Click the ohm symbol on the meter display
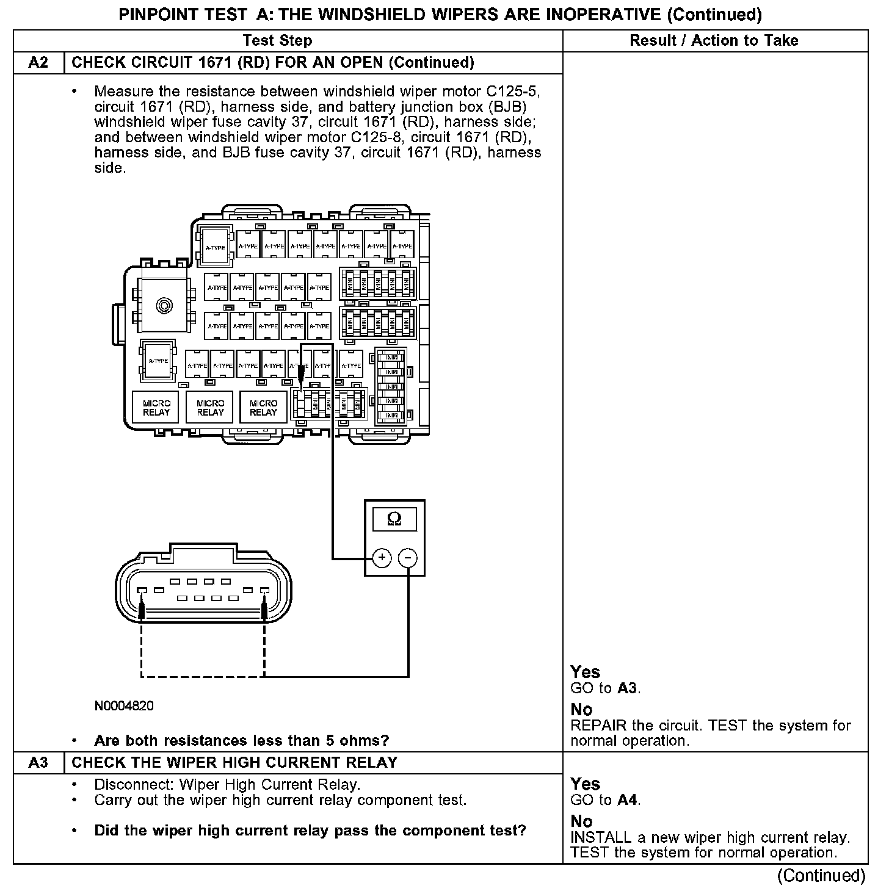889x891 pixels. pos(394,519)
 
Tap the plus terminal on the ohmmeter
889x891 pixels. pos(382,557)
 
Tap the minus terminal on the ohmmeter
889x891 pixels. pos(408,557)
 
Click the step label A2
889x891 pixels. pos(38,63)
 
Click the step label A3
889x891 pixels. pos(38,763)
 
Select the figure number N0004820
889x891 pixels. pos(124,706)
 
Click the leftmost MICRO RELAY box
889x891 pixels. pos(156,408)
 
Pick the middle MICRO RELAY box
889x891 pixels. pos(210,408)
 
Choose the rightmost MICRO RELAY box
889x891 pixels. pos(263,408)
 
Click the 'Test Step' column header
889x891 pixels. pos(277,41)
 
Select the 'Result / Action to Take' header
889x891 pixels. pos(714,41)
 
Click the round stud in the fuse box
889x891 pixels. pos(163,305)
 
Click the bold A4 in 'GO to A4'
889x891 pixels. pos(628,800)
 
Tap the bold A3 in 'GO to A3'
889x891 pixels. pos(628,688)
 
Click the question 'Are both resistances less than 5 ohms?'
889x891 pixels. pos(241,741)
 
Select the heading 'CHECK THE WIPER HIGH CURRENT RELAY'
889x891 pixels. pos(234,763)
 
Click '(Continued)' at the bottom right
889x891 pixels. pos(821,876)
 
